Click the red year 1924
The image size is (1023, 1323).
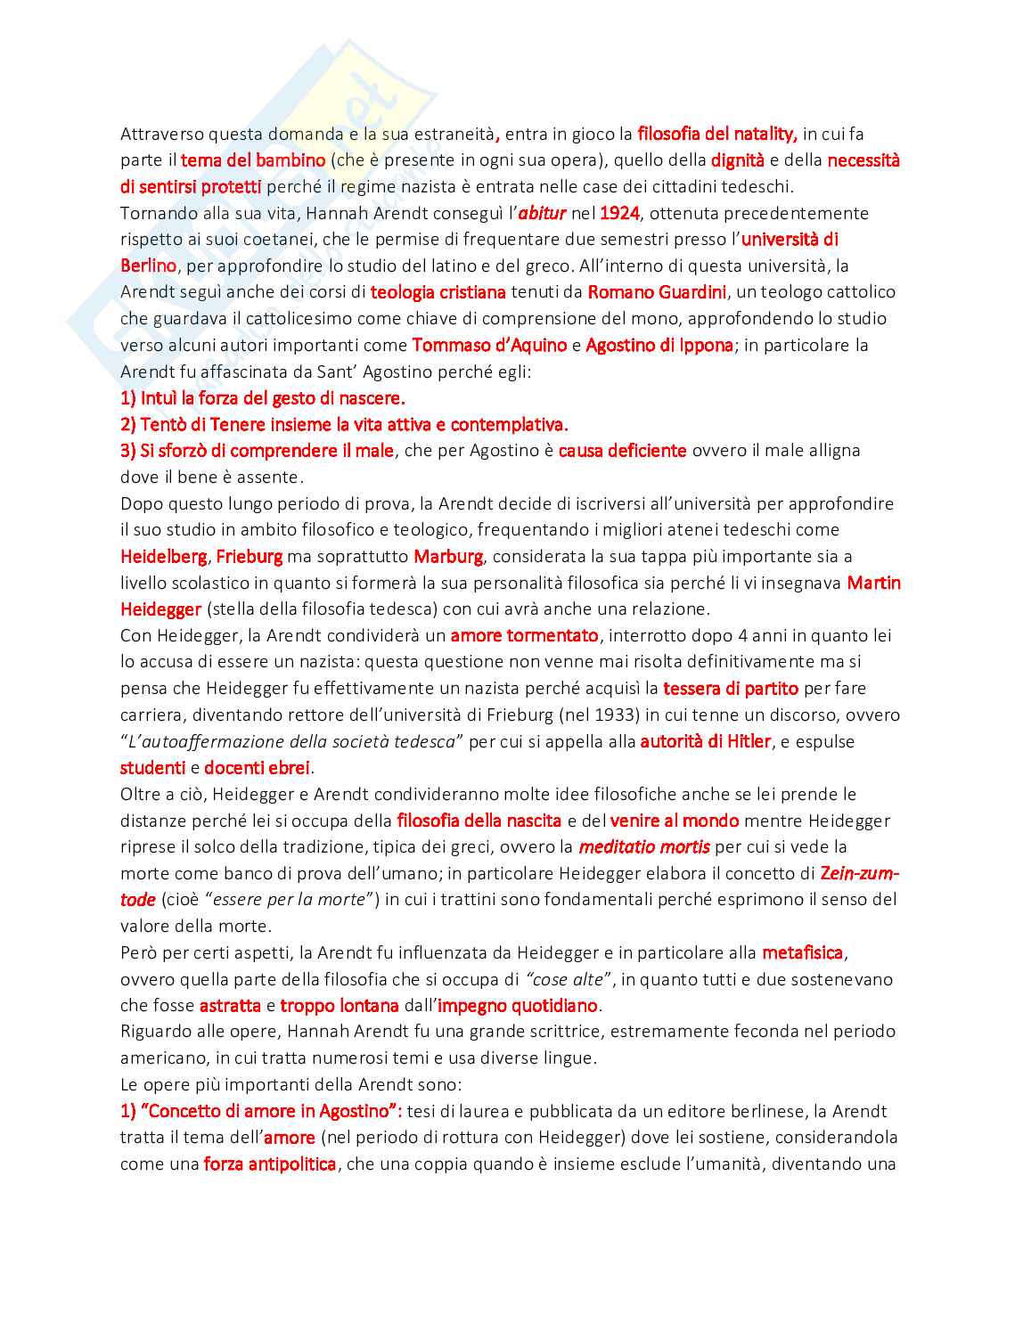pyautogui.click(x=620, y=213)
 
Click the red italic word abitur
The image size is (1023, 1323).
pyautogui.click(x=542, y=213)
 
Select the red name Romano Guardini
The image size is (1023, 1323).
pyautogui.click(x=657, y=292)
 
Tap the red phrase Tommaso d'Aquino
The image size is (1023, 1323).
pyautogui.click(x=489, y=345)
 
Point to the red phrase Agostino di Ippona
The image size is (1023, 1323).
pyautogui.click(x=659, y=345)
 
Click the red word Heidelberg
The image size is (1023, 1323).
pyautogui.click(x=164, y=557)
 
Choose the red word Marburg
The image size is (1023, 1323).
pyautogui.click(x=448, y=557)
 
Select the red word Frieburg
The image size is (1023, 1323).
pyautogui.click(x=249, y=557)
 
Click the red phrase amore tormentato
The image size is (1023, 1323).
pyautogui.click(x=524, y=635)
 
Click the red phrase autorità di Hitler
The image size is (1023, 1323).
pyautogui.click(x=705, y=741)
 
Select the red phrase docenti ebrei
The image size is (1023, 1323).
pyautogui.click(x=258, y=768)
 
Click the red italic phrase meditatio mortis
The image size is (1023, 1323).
pyautogui.click(x=644, y=846)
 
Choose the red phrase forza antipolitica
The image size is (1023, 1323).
pyautogui.click(x=270, y=1164)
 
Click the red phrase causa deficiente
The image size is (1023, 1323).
pyautogui.click(x=622, y=451)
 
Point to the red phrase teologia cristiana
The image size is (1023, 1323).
pyautogui.click(x=438, y=292)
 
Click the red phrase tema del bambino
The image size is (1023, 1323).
pyautogui.click(x=253, y=160)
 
